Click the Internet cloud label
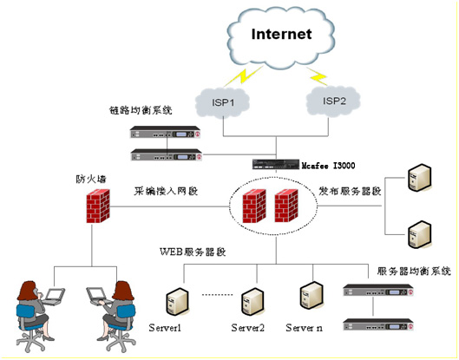(x=281, y=34)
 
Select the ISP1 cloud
(x=222, y=102)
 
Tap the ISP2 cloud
(x=333, y=101)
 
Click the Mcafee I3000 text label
(x=328, y=166)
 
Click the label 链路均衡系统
(x=141, y=110)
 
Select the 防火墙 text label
(x=91, y=179)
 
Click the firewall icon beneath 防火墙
(x=98, y=206)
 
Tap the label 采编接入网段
(x=166, y=191)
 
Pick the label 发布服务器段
(x=350, y=191)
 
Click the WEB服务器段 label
(x=193, y=252)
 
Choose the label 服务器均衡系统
(x=414, y=271)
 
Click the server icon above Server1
(x=177, y=301)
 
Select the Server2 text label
(x=247, y=328)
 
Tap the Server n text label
(x=304, y=328)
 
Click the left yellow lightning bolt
(x=244, y=75)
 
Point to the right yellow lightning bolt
(x=318, y=76)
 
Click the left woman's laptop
(x=54, y=297)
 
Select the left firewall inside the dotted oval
(x=254, y=206)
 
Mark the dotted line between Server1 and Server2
(x=217, y=294)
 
